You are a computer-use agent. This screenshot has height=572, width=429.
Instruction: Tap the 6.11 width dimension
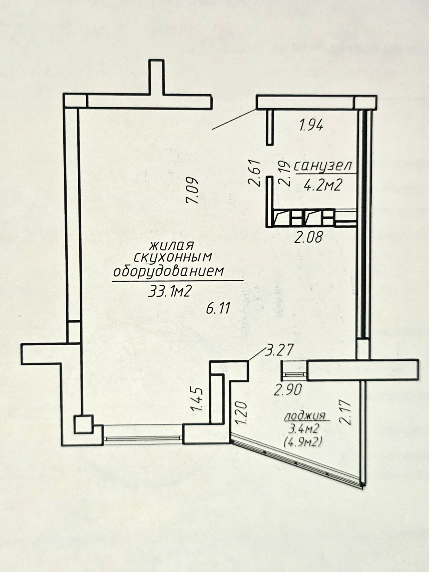[218, 309]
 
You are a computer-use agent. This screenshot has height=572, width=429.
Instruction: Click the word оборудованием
[169, 272]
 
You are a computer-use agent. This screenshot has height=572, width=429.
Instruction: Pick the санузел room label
[323, 166]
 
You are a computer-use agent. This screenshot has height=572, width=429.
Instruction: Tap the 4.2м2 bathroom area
[323, 186]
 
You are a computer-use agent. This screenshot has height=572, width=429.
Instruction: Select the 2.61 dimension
[255, 173]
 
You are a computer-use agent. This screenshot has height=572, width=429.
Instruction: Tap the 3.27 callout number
[279, 350]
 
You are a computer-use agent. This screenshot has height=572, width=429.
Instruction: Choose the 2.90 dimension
[288, 390]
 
